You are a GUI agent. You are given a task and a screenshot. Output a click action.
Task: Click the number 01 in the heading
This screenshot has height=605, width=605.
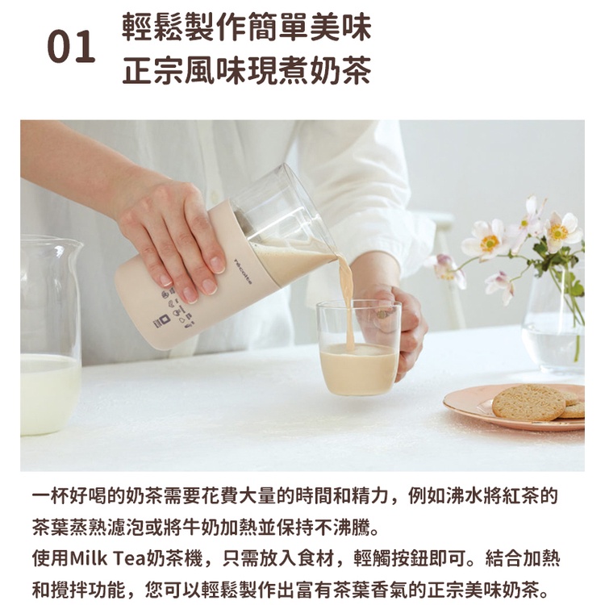coord(71,46)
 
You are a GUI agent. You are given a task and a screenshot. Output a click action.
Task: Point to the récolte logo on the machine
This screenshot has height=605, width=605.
coord(243,271)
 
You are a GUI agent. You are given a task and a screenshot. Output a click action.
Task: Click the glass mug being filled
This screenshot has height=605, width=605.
coord(358,348)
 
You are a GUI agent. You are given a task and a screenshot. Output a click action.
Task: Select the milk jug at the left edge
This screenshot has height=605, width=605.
coord(49,335)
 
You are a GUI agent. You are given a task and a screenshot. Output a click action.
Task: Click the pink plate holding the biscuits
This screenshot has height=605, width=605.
coord(513,407)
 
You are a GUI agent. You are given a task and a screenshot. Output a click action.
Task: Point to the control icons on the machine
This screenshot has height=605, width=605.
coord(176,309)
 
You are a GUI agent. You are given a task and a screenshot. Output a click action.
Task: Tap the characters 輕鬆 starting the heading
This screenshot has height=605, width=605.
coord(152,27)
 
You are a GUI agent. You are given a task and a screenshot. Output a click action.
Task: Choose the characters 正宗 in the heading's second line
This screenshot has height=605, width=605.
coord(152,70)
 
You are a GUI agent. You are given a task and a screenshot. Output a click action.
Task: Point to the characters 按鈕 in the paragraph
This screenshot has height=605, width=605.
coord(410,558)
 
